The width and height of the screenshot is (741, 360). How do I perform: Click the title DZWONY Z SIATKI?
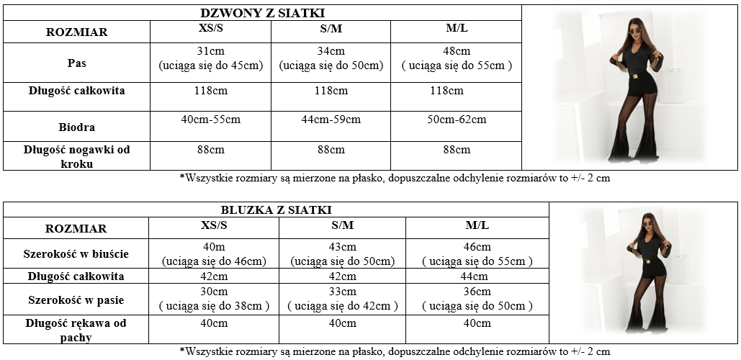coord(262,12)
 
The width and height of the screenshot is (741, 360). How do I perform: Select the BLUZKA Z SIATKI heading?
coord(276,210)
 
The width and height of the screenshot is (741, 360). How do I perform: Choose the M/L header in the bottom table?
coord(477,225)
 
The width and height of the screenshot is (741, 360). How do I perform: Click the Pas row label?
coord(77,63)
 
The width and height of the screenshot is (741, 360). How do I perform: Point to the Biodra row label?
coord(77,127)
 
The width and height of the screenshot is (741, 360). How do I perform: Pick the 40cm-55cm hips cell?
coord(210,119)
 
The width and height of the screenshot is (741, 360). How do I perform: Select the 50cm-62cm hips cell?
coord(456,119)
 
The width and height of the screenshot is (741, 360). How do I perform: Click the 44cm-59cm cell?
coord(331,119)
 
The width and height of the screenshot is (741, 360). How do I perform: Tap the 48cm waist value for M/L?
coord(457,51)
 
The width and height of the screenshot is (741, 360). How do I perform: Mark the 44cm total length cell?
coord(477,276)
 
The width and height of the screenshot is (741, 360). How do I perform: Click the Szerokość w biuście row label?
coord(76,253)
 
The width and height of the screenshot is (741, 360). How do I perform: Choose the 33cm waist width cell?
coord(342,292)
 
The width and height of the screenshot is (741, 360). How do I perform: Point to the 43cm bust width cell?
coord(342,246)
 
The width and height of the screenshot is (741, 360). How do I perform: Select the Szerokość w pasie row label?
coord(76,299)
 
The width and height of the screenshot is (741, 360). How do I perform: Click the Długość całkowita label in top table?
coord(77,91)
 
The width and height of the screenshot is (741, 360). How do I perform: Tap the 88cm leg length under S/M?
coord(331,150)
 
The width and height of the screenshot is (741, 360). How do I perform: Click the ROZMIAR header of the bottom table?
coord(76,229)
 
